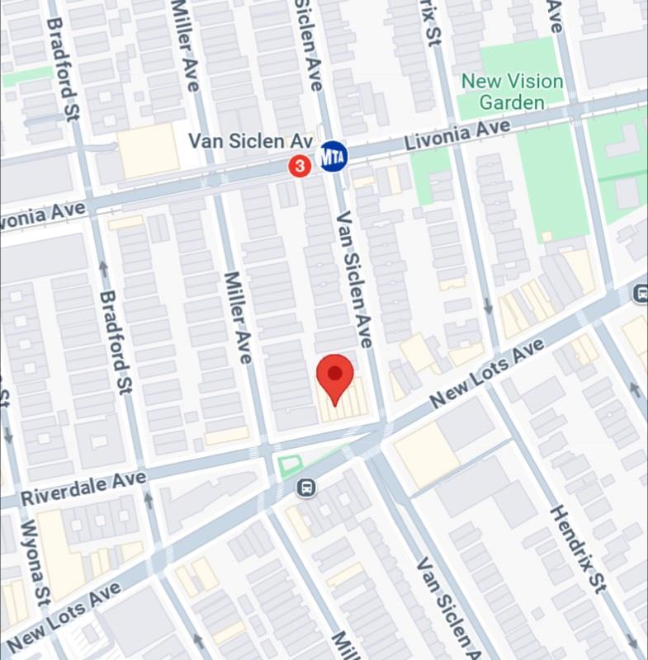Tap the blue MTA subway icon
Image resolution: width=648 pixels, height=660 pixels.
coord(333,155)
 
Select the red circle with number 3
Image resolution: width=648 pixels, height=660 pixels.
coord(300,167)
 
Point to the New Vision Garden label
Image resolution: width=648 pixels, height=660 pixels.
coord(512,92)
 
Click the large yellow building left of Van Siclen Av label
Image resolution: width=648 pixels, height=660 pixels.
coord(149,151)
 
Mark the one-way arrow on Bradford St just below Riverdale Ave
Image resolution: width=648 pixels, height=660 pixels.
coord(149,497)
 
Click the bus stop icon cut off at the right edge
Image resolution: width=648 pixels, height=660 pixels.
coord(641,293)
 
